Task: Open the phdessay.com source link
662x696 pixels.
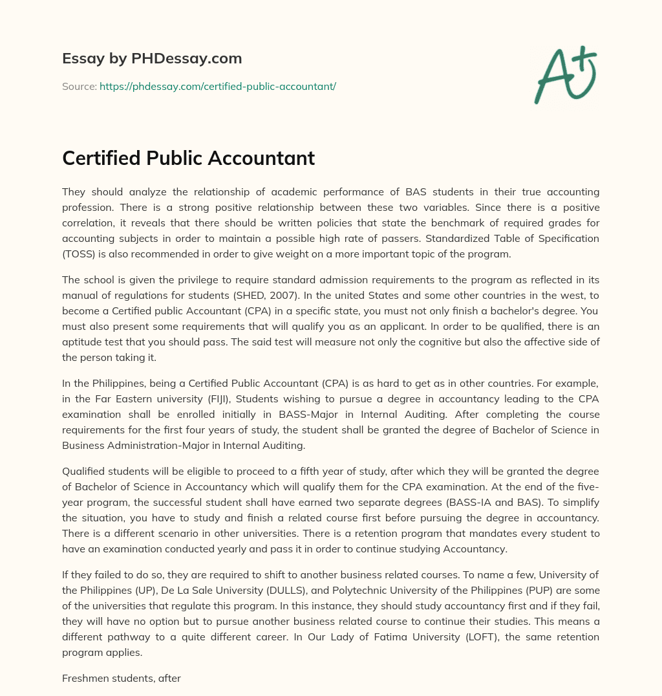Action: (218, 86)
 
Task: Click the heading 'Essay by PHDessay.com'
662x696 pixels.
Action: (152, 58)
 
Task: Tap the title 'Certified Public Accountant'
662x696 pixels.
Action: (188, 158)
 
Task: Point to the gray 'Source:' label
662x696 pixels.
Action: (80, 86)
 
